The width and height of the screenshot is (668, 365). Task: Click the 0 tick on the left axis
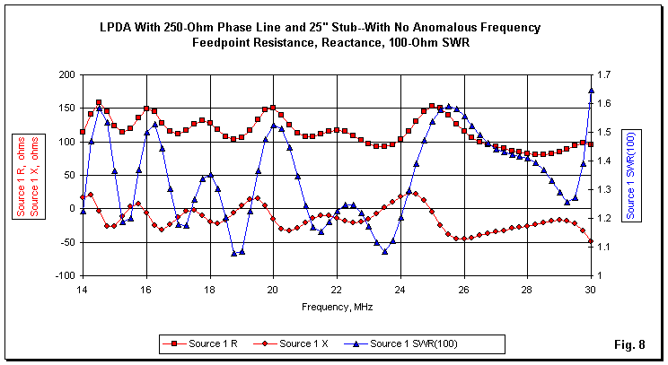point(68,208)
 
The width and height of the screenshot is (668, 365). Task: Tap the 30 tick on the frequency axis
point(591,290)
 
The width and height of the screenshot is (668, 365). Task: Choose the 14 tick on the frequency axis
point(82,290)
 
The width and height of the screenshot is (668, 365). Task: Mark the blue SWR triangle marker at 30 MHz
point(591,91)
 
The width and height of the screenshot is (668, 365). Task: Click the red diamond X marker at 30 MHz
point(591,241)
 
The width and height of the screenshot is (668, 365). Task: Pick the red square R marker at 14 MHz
point(82,132)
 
